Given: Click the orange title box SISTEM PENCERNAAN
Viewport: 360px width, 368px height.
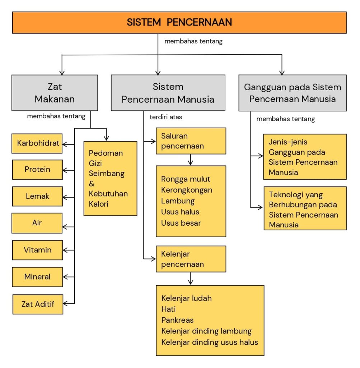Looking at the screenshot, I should (179, 22).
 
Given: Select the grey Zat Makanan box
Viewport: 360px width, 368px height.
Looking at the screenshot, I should (55, 93).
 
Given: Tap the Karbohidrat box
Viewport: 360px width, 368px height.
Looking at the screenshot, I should (37, 143).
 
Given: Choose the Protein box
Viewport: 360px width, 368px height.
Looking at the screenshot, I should (37, 170).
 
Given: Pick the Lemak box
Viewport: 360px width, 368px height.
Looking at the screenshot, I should (37, 197).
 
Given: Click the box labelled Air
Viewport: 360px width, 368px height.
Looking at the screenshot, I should (37, 223).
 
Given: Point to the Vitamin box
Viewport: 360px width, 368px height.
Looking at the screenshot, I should (37, 250).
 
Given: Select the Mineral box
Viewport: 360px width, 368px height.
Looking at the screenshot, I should (37, 277).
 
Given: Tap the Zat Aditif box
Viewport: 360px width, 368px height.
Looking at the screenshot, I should (38, 304).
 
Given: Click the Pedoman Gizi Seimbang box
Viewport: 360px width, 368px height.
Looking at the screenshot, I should (110, 178).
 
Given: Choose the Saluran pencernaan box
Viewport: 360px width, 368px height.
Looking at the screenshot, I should (191, 141).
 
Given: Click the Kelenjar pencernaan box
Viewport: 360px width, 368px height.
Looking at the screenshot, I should (191, 259).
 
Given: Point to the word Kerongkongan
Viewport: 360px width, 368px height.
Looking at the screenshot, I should (187, 190).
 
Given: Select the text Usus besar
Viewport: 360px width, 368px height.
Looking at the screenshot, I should (181, 223).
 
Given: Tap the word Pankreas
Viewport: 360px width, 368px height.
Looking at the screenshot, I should (177, 320).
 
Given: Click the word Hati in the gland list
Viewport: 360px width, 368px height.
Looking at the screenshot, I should (169, 309).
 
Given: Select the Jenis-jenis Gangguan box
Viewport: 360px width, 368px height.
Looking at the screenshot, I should (305, 157).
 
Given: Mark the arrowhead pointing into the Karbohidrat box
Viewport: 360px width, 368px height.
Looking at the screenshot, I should (65, 144).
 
